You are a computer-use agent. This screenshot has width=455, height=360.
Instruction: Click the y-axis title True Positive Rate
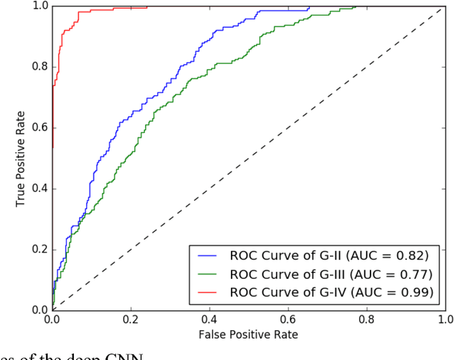pos(21,158)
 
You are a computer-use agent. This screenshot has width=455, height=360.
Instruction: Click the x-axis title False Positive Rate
pos(248,334)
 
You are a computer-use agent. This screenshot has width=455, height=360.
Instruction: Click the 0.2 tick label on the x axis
pos(131,320)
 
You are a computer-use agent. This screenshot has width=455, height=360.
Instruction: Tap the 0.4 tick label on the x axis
pos(209,320)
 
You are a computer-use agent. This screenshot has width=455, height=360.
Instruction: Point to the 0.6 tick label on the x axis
pos(288,320)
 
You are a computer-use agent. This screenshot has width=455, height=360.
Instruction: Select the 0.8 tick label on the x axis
pos(366,320)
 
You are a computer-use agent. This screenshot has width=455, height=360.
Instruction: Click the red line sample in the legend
pos(210,292)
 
